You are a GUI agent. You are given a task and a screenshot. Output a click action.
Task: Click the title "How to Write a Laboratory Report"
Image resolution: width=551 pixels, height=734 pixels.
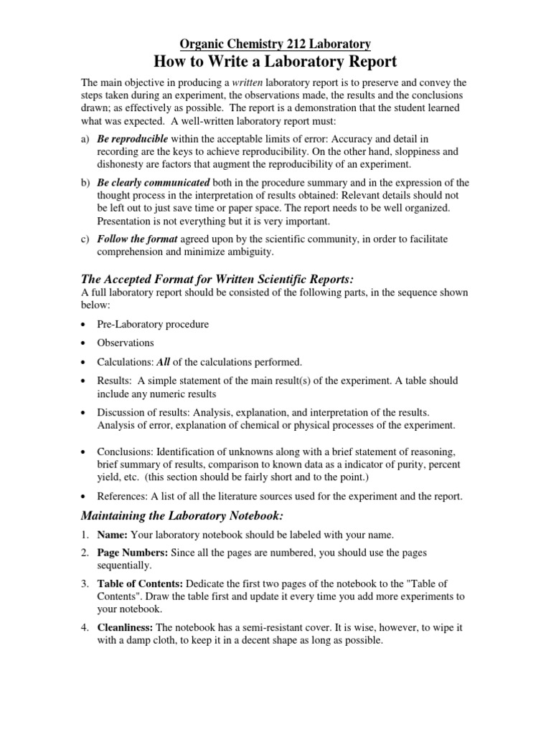click(x=275, y=61)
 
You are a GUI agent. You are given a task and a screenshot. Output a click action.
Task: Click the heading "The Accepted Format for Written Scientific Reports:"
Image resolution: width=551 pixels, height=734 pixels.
click(x=218, y=279)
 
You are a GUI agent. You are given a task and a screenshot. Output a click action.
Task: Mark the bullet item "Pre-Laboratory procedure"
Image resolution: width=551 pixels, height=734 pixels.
click(x=153, y=324)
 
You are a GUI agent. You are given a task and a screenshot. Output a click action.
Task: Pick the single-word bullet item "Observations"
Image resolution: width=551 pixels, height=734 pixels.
click(x=126, y=343)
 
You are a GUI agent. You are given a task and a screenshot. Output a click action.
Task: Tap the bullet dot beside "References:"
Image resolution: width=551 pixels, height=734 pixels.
click(x=85, y=497)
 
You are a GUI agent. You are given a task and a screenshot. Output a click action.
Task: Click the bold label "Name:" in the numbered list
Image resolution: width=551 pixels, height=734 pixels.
click(x=113, y=535)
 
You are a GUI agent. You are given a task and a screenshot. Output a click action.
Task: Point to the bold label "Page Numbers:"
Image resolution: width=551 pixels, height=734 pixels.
click(x=132, y=553)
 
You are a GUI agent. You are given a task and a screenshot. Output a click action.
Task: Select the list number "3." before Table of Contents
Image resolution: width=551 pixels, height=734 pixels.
click(x=84, y=584)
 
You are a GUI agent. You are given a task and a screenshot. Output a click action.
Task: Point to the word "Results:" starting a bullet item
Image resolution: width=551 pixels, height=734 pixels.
click(x=116, y=381)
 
